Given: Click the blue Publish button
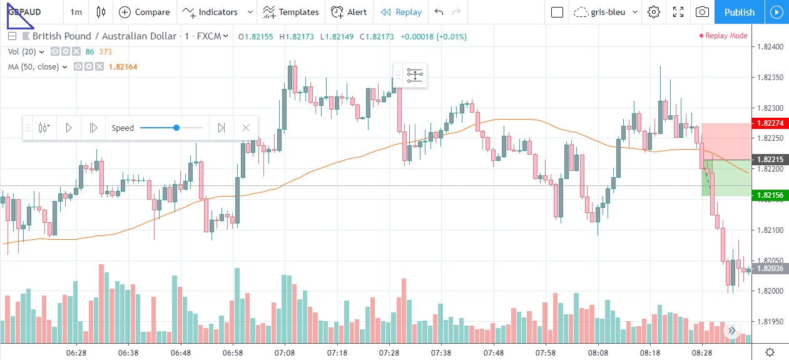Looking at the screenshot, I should point(738,12).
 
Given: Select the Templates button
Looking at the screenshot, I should point(291,12).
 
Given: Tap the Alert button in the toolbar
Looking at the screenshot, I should point(349,12).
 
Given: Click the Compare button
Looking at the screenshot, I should point(144,12).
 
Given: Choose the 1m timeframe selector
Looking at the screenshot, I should point(76,12).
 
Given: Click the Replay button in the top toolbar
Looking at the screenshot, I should point(401,12).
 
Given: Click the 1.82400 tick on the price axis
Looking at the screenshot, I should point(770,48).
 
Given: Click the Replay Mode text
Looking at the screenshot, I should point(726,36).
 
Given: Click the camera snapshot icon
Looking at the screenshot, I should point(702,12).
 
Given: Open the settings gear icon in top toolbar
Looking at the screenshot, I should point(654,12).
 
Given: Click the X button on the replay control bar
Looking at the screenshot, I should point(246,128).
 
